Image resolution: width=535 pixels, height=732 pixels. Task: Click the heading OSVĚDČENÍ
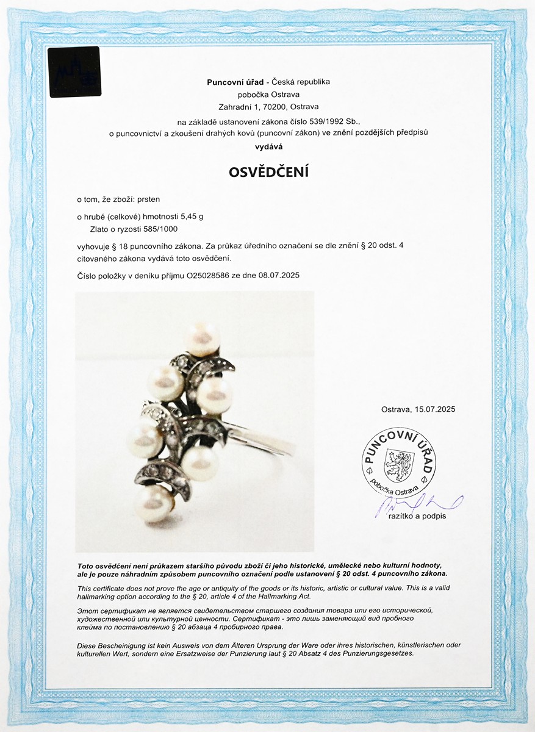(x=268, y=172)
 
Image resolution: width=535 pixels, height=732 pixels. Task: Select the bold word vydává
(x=268, y=147)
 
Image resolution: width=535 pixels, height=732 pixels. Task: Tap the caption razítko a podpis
(x=417, y=517)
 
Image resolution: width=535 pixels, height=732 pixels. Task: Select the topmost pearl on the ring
(x=203, y=339)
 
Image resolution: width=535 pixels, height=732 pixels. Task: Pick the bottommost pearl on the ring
(x=156, y=501)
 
